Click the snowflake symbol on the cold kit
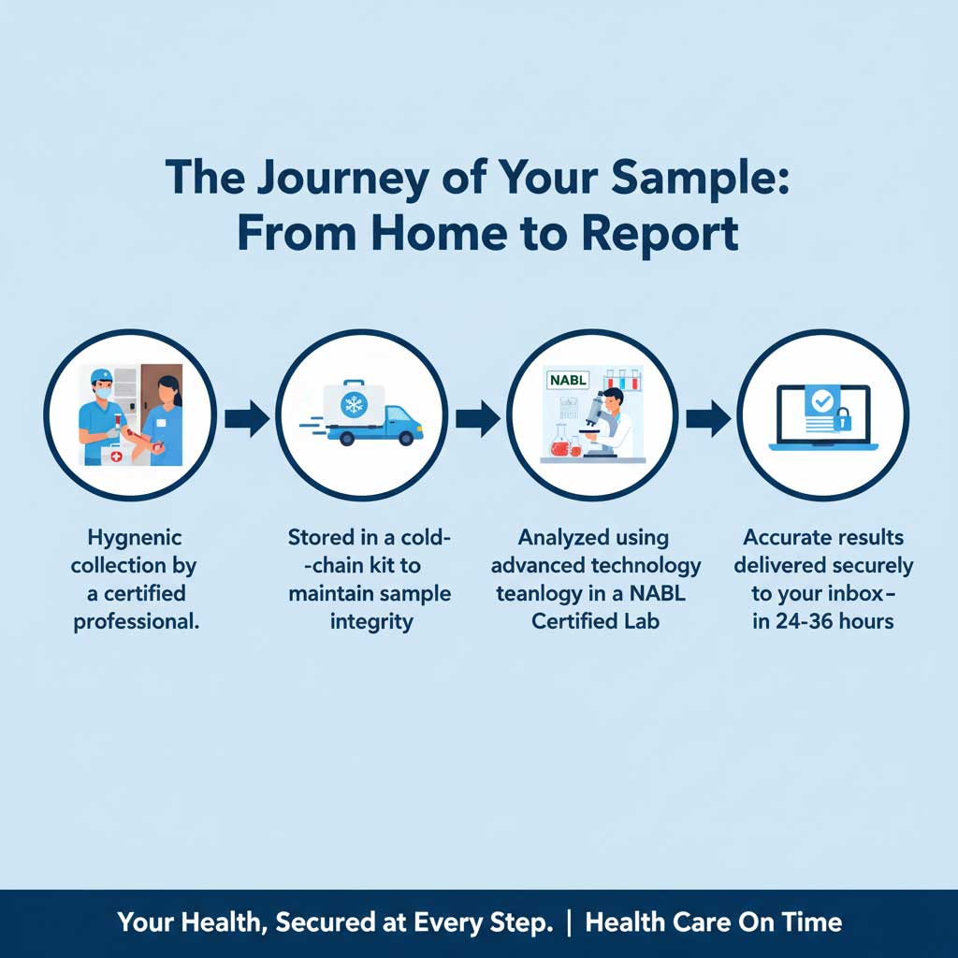(355, 404)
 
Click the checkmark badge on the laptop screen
(821, 401)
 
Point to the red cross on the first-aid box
(116, 457)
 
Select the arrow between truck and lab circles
(477, 418)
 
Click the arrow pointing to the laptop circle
(708, 418)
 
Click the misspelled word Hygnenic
(135, 538)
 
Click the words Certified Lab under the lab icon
(595, 621)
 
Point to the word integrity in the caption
(370, 621)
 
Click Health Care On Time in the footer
(713, 922)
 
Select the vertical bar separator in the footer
(569, 922)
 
